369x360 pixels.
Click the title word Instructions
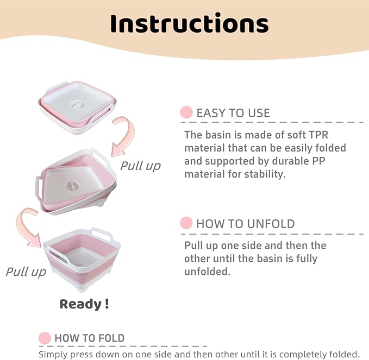tap(189, 23)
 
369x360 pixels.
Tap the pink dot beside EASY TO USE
tap(186, 113)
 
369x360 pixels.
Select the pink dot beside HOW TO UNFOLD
tap(186, 223)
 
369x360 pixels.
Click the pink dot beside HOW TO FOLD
tap(45, 338)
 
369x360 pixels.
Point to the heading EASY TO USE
tap(233, 113)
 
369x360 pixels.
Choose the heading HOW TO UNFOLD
tap(245, 223)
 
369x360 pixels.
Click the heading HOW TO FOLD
tap(89, 338)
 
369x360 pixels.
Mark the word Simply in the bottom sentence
tap(54, 353)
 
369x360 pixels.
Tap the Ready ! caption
tap(84, 304)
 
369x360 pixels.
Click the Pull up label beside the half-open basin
tap(140, 166)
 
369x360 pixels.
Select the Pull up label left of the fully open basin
tap(26, 271)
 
